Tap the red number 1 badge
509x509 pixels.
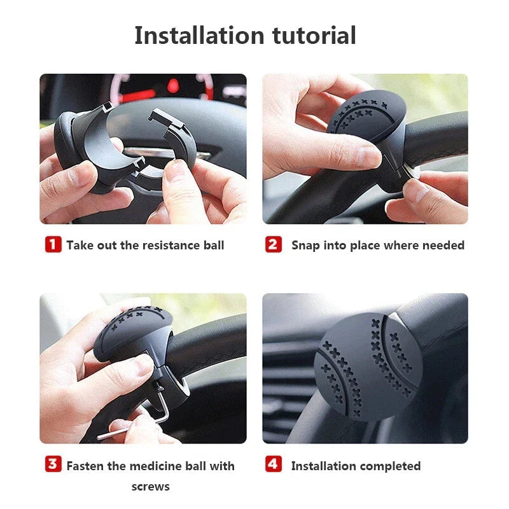pyautogui.click(x=53, y=244)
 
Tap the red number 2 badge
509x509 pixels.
pyautogui.click(x=274, y=244)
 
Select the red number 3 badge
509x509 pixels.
pyautogui.click(x=53, y=464)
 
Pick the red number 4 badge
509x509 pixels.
pyautogui.click(x=274, y=464)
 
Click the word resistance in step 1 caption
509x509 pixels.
pyautogui.click(x=170, y=245)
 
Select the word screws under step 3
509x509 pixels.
pyautogui.click(x=151, y=487)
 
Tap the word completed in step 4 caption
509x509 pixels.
pyautogui.click(x=389, y=466)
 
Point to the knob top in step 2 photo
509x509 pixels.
pyautogui.click(x=359, y=115)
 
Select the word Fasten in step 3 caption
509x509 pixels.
pyautogui.click(x=87, y=466)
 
